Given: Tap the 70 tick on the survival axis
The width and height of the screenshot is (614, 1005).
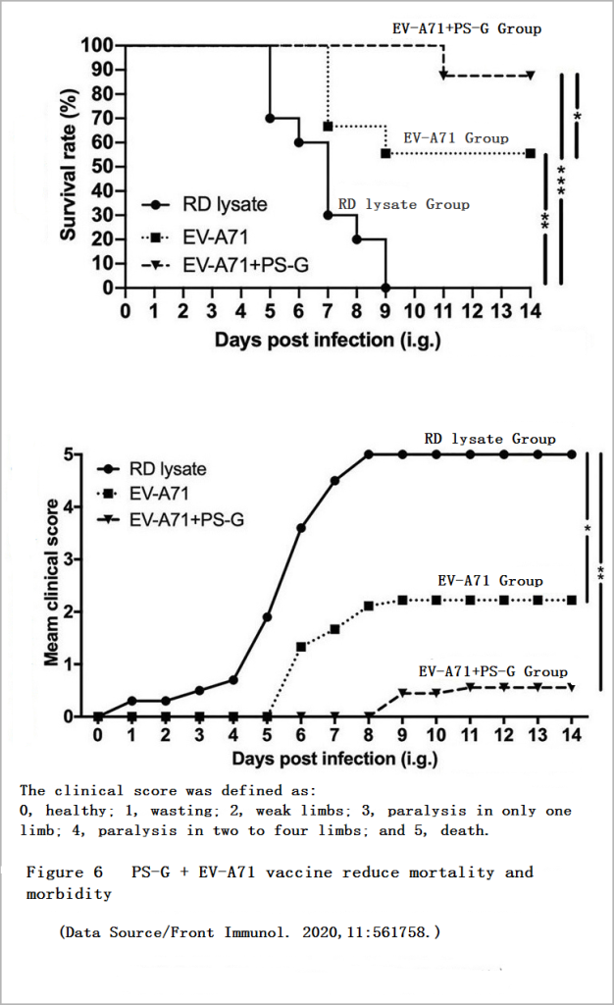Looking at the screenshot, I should coord(102,118).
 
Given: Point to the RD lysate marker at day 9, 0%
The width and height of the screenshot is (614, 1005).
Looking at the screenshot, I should coord(386,289).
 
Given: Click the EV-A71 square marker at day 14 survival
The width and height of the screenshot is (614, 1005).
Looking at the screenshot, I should coord(531,153).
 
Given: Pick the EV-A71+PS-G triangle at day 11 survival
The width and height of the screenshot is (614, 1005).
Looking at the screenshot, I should coord(444,75).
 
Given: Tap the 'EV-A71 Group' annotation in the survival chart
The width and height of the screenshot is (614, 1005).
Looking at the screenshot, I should coord(456,138).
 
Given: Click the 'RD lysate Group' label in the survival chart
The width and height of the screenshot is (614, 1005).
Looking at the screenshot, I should coord(403,204).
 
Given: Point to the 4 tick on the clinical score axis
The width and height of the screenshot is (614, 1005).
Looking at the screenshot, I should coord(84,507).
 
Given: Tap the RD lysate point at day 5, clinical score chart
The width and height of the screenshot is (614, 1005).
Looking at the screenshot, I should coord(267,617).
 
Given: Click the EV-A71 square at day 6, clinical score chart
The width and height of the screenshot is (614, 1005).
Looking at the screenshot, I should coord(301,647).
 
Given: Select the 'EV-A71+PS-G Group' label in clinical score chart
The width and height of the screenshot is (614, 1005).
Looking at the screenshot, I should coord(492,671).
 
